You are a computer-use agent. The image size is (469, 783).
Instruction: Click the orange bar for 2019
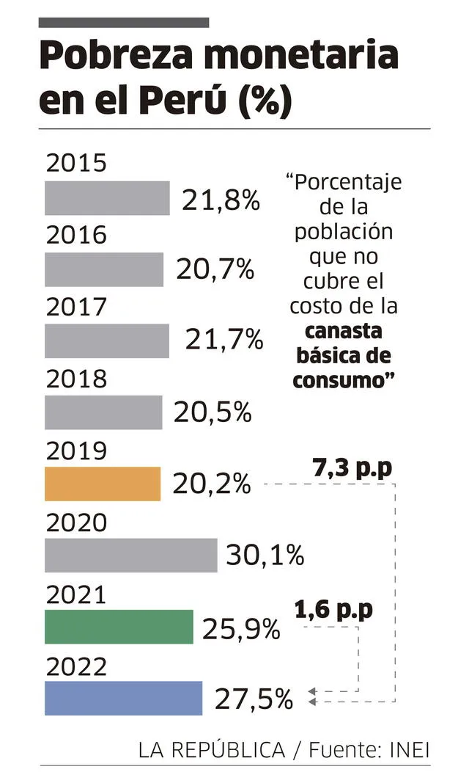coord(102,484)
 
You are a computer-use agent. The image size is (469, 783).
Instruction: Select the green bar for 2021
coord(119,627)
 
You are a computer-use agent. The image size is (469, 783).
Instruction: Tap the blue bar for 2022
coord(123,698)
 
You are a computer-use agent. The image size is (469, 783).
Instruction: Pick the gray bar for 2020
coord(130,555)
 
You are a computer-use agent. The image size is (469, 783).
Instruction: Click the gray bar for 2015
coord(107,198)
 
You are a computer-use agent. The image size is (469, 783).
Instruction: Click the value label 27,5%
coord(254,699)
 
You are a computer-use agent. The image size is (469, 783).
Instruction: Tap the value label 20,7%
coord(215,270)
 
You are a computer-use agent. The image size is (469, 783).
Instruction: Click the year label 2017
coord(76,307)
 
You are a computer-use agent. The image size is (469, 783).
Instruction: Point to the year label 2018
coord(76,379)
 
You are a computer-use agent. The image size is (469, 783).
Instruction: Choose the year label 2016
coord(76,235)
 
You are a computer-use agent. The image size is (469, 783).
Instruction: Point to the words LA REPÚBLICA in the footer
coord(211,750)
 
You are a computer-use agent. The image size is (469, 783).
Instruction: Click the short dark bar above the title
coord(124,23)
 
